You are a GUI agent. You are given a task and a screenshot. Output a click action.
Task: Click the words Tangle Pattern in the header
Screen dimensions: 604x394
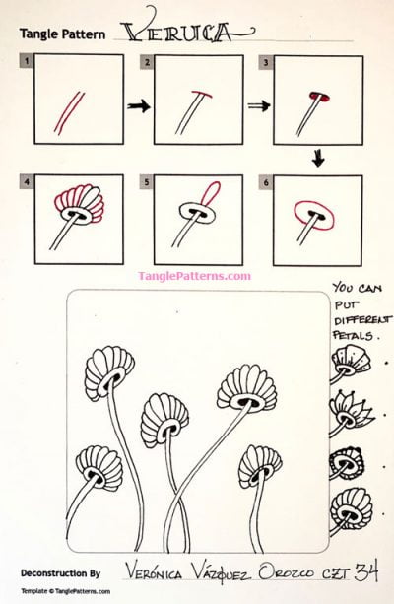click(62, 33)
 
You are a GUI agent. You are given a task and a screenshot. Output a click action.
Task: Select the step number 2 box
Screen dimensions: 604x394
click(147, 61)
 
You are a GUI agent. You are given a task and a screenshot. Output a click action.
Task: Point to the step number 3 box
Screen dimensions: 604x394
click(266, 61)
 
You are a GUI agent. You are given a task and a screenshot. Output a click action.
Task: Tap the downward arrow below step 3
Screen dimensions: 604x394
click(318, 157)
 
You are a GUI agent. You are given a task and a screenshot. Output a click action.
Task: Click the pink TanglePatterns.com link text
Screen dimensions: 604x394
click(195, 276)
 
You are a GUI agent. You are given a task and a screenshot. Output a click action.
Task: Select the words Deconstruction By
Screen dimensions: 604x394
click(60, 571)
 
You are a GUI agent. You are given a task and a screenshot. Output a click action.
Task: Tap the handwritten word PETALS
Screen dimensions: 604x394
click(355, 336)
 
